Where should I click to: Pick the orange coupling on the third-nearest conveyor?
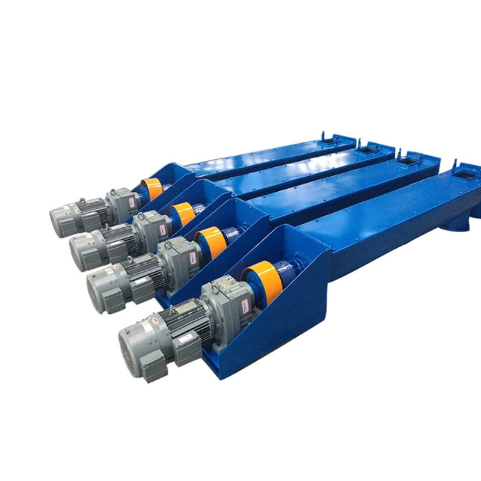pos(182,213)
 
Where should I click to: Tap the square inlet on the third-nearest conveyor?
pos(367,149)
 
